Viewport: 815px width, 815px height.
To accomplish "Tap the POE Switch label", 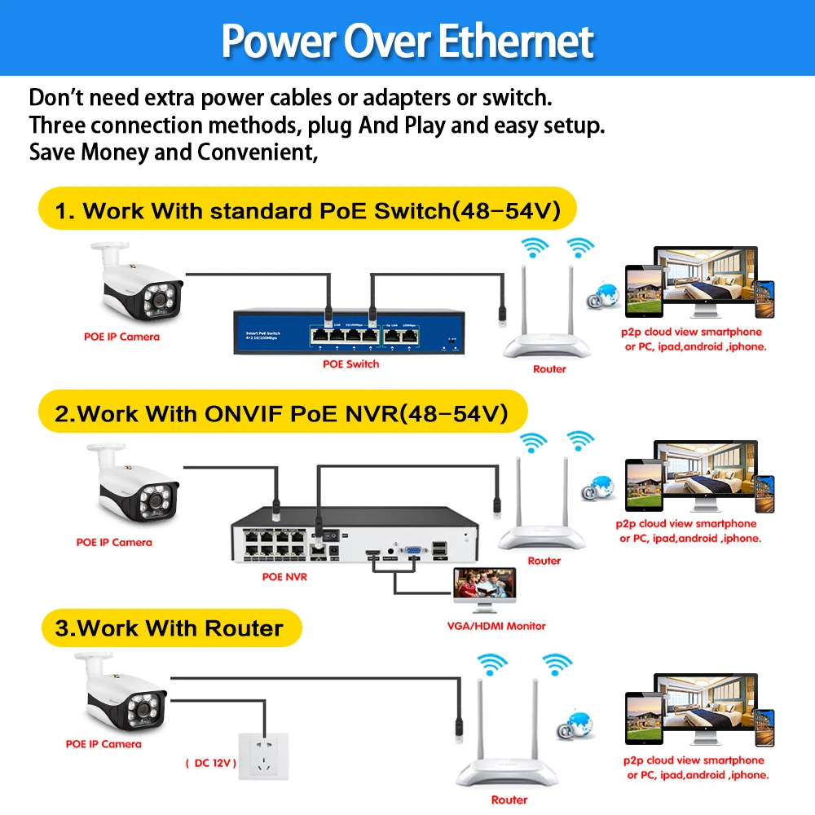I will point(351,363).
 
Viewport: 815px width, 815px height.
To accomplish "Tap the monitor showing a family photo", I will point(486,591).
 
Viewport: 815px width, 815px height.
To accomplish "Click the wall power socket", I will point(263,760).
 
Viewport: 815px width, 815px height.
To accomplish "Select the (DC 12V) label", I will point(210,763).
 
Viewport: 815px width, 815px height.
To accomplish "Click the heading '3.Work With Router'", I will point(170,628).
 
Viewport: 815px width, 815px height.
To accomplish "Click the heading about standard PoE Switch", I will point(307,211).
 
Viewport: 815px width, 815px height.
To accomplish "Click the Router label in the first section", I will point(549,368).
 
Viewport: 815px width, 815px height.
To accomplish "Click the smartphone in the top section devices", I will point(764,300).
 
